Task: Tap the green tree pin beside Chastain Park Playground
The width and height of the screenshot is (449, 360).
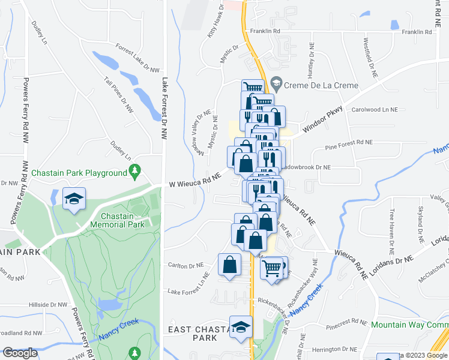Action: (x=135, y=172)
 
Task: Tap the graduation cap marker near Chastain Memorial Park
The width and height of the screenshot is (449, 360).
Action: (x=74, y=200)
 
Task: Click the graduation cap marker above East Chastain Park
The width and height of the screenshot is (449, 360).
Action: (x=241, y=328)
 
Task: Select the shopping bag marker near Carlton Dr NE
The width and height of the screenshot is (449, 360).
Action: (x=229, y=265)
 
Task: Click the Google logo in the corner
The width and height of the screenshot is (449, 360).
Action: (x=20, y=353)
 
